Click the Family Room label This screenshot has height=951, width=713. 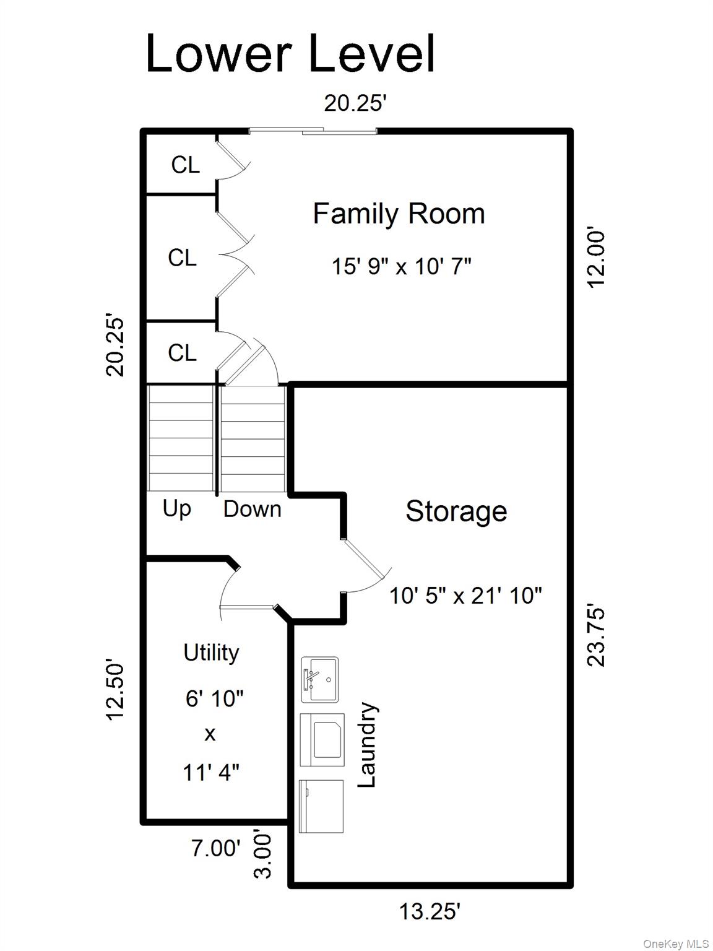[399, 214]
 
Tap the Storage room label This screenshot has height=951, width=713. [456, 511]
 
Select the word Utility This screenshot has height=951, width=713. [211, 653]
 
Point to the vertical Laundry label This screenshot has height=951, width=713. [367, 745]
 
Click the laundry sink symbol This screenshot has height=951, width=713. [319, 680]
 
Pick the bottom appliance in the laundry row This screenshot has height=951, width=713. [321, 806]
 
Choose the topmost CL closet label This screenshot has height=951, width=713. [185, 165]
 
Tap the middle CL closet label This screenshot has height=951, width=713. [182, 258]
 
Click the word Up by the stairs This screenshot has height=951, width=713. [177, 508]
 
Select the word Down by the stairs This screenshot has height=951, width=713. [252, 509]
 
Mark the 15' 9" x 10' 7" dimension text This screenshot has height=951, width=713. [401, 267]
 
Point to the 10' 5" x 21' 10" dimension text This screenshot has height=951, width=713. [465, 596]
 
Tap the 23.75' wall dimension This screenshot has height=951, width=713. [596, 634]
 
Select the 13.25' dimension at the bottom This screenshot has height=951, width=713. [430, 911]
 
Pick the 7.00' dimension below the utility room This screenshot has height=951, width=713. [215, 848]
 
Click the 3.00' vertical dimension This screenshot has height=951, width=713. [262, 855]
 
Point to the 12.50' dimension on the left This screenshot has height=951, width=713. [115, 690]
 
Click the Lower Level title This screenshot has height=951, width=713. [290, 54]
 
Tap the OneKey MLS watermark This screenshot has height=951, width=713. [676, 944]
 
